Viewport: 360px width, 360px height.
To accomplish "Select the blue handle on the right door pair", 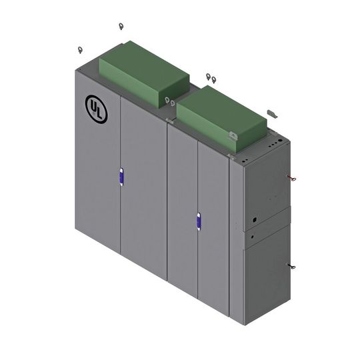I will (x=197, y=221).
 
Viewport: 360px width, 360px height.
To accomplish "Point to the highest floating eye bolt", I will (x=121, y=27).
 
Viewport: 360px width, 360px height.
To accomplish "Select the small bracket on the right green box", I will (x=233, y=135).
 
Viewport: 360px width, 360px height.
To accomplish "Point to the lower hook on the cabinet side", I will (x=291, y=265).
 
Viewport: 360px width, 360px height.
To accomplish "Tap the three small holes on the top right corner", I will (x=276, y=141).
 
